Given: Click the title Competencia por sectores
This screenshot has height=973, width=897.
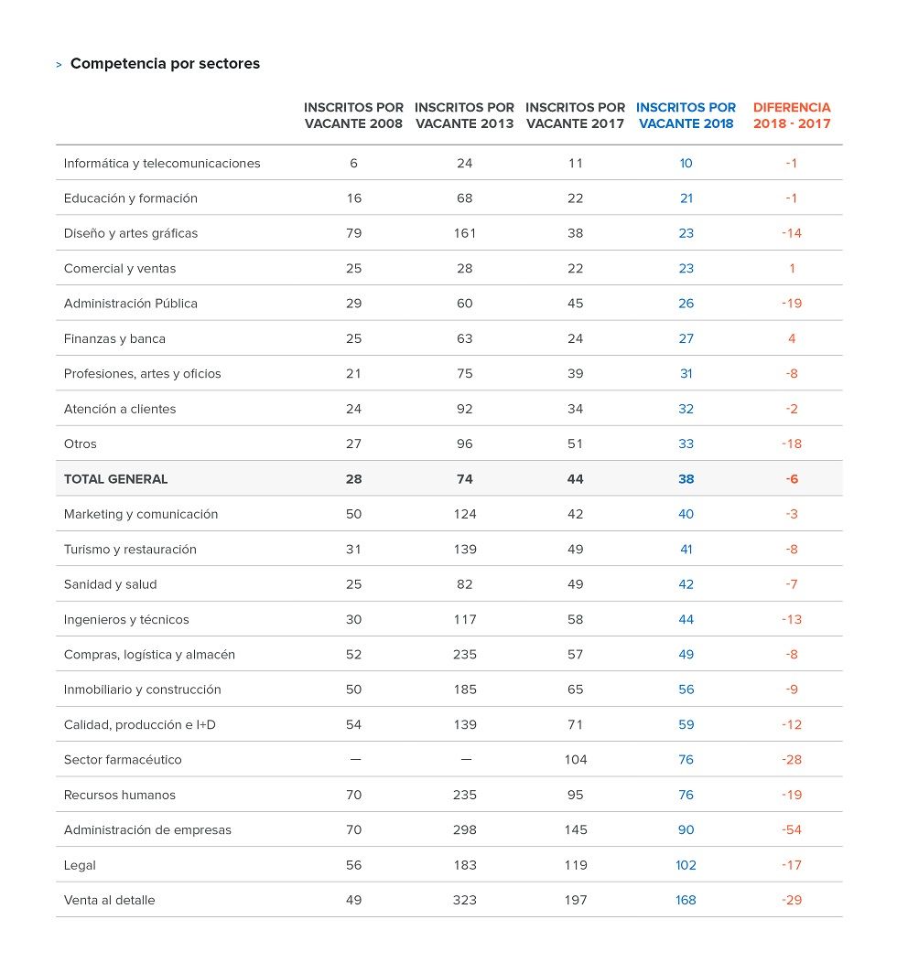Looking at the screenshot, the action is [166, 63].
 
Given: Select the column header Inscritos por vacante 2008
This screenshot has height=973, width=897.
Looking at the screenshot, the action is [353, 115].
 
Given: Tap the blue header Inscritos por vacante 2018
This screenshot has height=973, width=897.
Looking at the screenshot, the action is [686, 115].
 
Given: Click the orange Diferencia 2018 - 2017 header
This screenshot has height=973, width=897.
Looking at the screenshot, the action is [792, 115].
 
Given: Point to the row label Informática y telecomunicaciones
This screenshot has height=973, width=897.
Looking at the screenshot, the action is [162, 163].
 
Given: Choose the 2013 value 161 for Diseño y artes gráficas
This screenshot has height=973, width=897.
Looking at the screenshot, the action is [465, 233].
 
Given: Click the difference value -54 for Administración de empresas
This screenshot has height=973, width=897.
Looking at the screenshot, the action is [792, 829].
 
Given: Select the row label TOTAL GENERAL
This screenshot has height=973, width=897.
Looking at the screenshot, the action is [115, 479].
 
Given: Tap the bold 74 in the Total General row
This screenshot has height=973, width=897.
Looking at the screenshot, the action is [465, 479].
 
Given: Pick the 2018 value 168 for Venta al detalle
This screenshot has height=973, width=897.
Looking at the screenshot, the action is [686, 900].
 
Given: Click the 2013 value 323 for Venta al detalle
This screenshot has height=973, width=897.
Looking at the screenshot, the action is [465, 900].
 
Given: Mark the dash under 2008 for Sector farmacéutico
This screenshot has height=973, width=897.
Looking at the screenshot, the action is [355, 760].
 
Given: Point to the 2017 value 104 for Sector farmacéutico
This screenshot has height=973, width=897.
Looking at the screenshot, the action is [576, 760].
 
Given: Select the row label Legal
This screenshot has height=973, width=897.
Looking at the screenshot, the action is [80, 865].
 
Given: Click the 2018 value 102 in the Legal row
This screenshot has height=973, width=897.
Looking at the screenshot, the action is [686, 865].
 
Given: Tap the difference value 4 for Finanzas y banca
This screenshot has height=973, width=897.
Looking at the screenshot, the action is [792, 338].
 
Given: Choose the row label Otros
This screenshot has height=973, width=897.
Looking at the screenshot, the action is [81, 444].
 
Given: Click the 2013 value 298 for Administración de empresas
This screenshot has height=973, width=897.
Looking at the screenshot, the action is [465, 829].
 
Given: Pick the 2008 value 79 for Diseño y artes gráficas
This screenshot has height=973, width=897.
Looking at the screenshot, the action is [353, 233].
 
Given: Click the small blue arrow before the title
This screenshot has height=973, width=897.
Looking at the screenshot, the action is [59, 65].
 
